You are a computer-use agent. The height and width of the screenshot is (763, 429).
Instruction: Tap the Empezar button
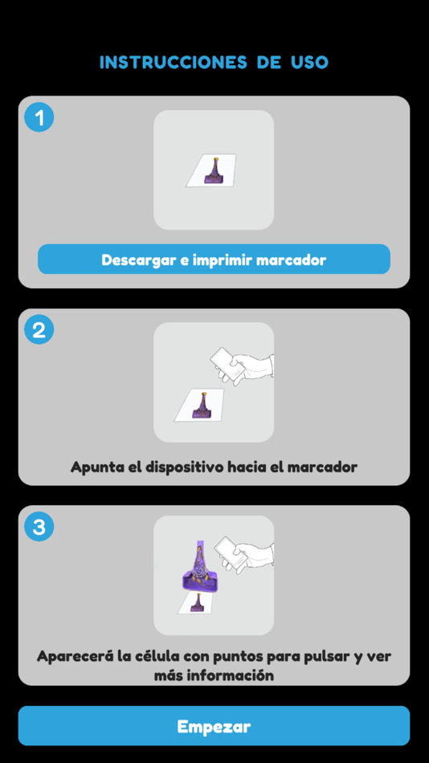[x=214, y=727]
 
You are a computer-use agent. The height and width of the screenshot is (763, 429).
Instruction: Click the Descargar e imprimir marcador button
[x=214, y=260]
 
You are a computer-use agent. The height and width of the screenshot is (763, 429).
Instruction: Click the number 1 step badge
[x=39, y=118]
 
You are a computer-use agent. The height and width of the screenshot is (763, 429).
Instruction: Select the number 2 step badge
[x=39, y=330]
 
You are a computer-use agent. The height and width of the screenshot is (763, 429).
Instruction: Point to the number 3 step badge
[x=39, y=528]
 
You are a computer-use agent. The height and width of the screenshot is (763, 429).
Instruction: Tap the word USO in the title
[x=310, y=63]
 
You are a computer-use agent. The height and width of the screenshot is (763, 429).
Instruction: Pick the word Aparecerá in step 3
[x=73, y=656]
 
